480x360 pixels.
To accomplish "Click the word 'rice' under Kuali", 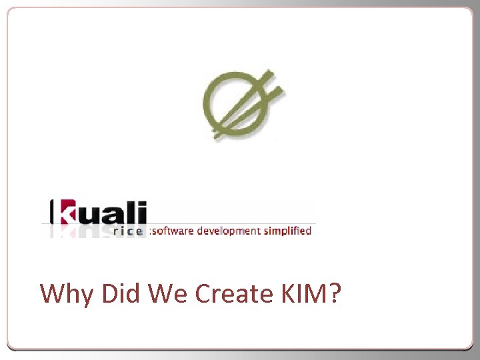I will [x=128, y=231].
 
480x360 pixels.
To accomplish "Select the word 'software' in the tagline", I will [x=173, y=231].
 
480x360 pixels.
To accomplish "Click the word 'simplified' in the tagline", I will [x=287, y=231].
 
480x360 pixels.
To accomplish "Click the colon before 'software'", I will [x=151, y=231].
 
